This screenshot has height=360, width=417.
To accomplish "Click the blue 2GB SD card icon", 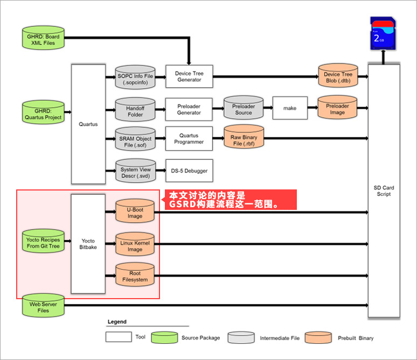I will (383, 33).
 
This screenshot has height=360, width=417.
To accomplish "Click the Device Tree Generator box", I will (189, 76).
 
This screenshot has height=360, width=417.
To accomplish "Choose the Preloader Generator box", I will (189, 109).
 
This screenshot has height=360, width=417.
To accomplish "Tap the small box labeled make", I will (290, 108).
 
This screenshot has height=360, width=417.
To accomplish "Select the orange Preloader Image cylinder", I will (337, 109).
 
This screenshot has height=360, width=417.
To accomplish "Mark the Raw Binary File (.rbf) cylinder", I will (244, 140).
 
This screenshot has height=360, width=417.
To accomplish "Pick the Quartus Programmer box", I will (189, 139).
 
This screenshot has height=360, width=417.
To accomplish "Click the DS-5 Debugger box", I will (189, 171).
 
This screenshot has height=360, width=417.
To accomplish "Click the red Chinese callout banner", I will (230, 199).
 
